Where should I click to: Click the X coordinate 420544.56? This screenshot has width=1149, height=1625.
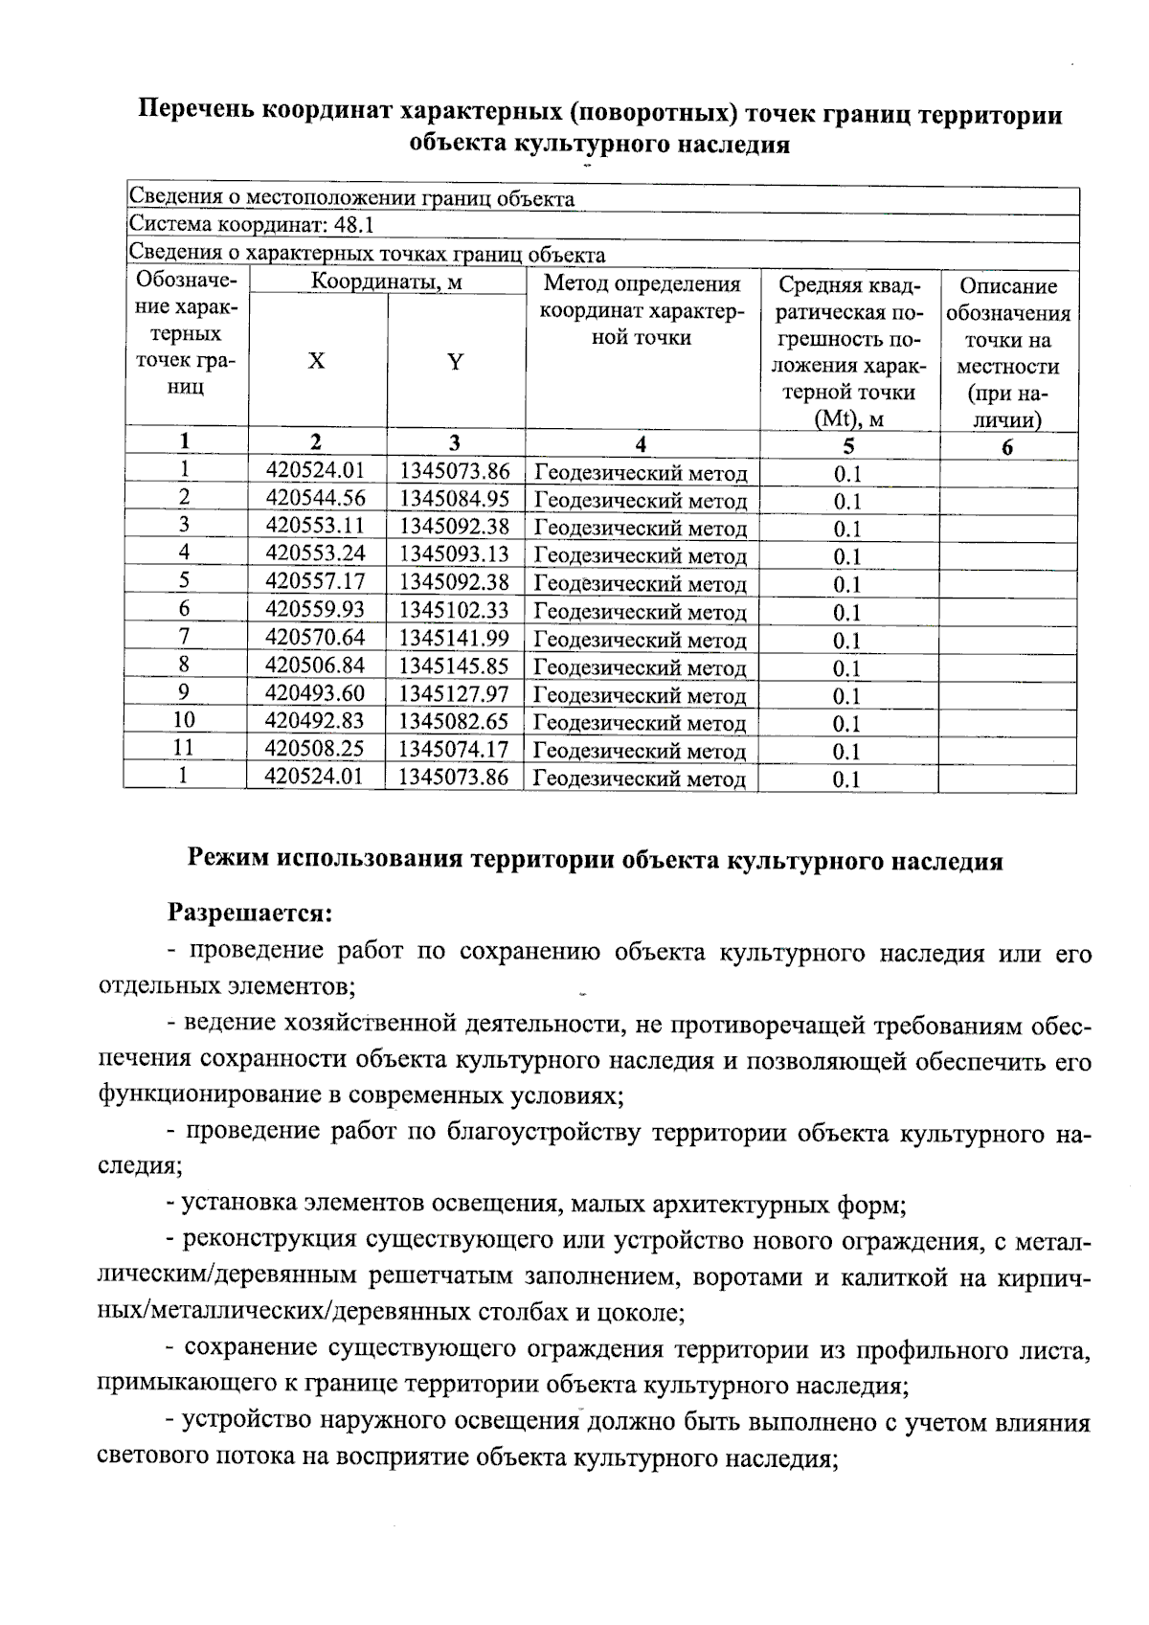click(315, 498)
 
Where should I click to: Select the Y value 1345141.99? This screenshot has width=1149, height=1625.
click(454, 638)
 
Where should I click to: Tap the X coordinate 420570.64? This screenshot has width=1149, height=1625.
click(315, 638)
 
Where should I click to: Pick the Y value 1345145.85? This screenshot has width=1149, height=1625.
click(454, 666)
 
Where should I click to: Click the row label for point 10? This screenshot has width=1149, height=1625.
click(184, 720)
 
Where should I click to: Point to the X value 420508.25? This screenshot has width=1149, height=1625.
click(315, 749)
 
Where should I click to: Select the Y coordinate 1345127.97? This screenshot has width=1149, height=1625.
click(454, 693)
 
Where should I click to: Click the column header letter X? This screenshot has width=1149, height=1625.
click(316, 361)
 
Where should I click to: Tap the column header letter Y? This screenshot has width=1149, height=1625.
click(456, 362)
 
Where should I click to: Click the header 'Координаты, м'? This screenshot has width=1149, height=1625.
click(386, 282)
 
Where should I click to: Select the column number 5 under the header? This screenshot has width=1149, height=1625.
click(848, 445)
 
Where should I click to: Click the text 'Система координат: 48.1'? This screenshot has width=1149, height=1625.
click(251, 226)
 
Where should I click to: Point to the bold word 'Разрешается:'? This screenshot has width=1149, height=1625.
click(249, 913)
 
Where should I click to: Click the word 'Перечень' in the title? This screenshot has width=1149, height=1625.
click(196, 114)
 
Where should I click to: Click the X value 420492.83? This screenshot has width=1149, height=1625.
click(315, 720)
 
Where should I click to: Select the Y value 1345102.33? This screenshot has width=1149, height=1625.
click(454, 610)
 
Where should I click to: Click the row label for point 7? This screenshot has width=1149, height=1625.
click(184, 637)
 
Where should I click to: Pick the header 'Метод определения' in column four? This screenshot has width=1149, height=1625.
click(642, 284)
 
